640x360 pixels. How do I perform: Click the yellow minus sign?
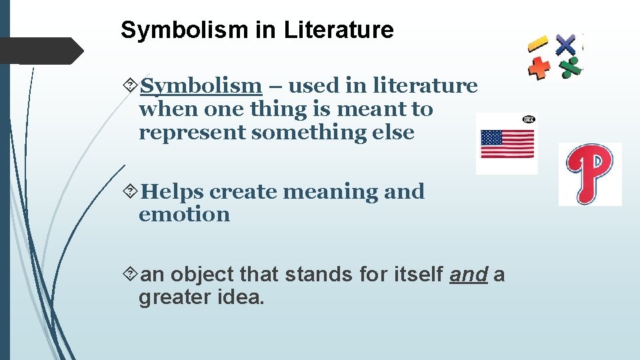point(537,45)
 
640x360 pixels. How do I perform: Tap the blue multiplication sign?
point(565,45)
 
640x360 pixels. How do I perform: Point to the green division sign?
point(570,67)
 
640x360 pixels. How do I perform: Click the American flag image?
point(507,143)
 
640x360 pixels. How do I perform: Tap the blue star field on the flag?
point(491,137)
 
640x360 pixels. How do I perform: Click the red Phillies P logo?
point(590,173)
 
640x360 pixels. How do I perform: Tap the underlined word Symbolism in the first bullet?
point(201,86)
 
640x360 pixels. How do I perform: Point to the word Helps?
point(173,192)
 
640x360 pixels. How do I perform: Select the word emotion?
point(184,215)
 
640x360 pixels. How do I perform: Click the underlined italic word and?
point(469,275)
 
